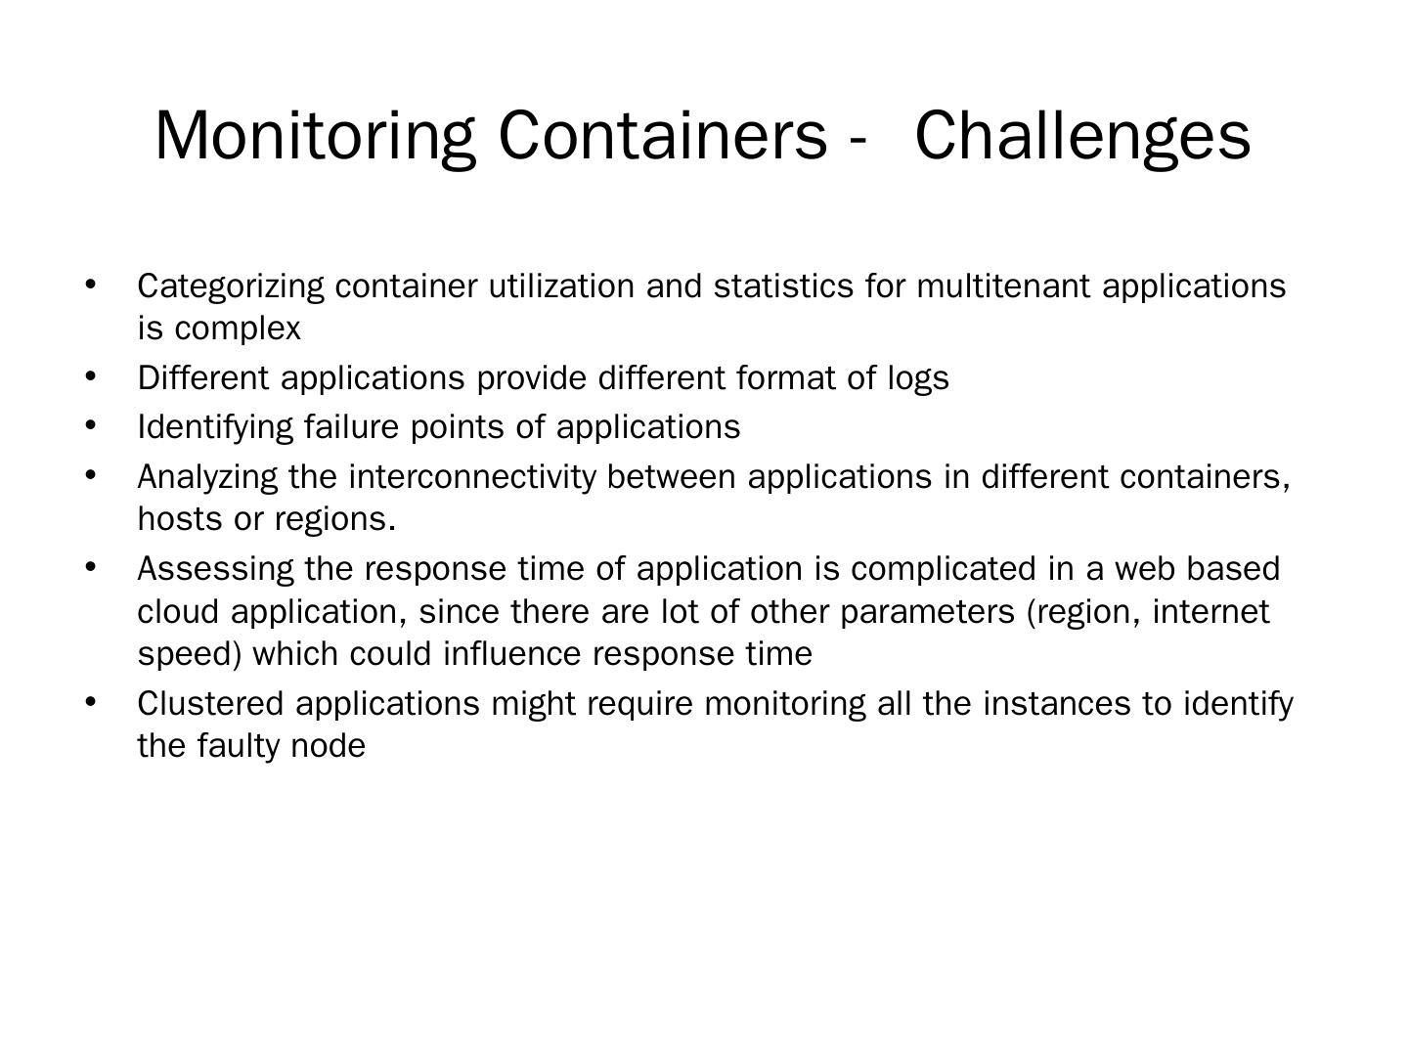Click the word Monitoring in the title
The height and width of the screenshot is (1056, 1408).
point(315,135)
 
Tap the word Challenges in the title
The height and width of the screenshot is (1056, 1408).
point(1082,135)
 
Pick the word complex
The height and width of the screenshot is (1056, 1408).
point(238,330)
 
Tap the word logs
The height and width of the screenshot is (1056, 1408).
point(918,377)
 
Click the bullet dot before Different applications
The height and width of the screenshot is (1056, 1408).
point(91,375)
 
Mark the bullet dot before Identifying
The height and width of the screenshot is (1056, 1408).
point(91,425)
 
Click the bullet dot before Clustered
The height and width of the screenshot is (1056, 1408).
point(91,702)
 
